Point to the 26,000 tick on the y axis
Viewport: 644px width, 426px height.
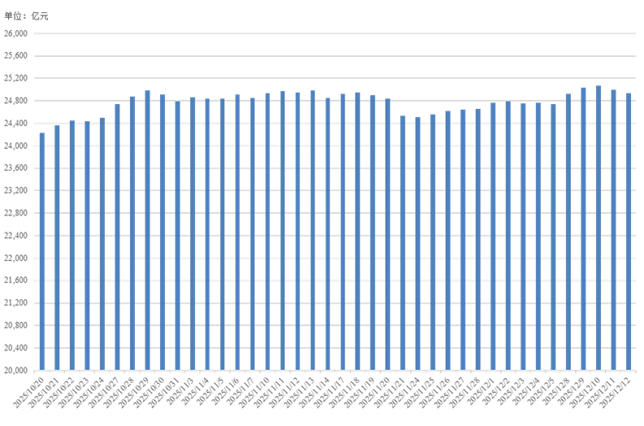coord(16,33)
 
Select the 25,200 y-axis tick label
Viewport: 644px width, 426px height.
coord(16,78)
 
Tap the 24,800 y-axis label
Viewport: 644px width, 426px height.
coord(16,101)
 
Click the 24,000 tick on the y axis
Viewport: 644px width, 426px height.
coord(16,146)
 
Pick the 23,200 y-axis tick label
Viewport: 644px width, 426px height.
coord(16,190)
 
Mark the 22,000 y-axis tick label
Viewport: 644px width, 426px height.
coord(16,258)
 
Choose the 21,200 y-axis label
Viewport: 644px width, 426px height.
coord(16,302)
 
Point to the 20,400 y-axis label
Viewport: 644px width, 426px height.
coord(16,347)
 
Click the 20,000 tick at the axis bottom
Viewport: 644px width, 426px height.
coord(16,370)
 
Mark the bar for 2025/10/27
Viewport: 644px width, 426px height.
coord(117,237)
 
